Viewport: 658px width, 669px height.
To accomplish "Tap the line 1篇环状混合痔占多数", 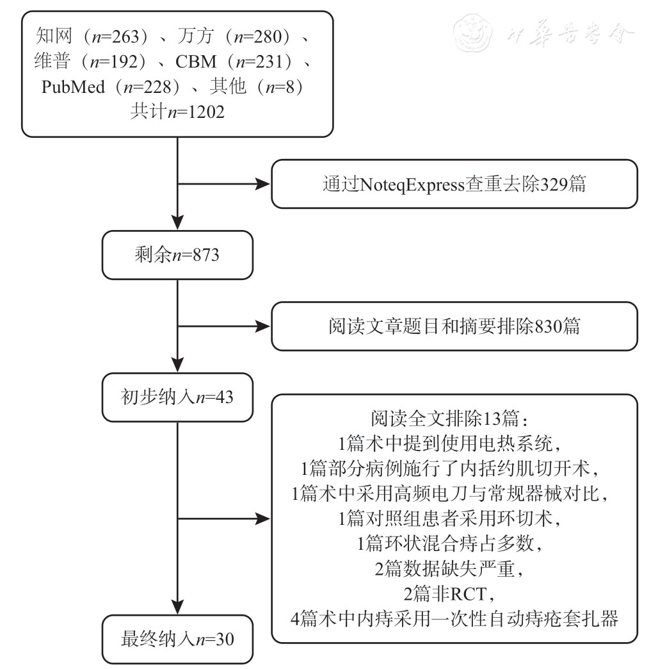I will point(454,545).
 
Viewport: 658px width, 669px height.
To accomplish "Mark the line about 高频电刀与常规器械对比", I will point(454,495).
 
